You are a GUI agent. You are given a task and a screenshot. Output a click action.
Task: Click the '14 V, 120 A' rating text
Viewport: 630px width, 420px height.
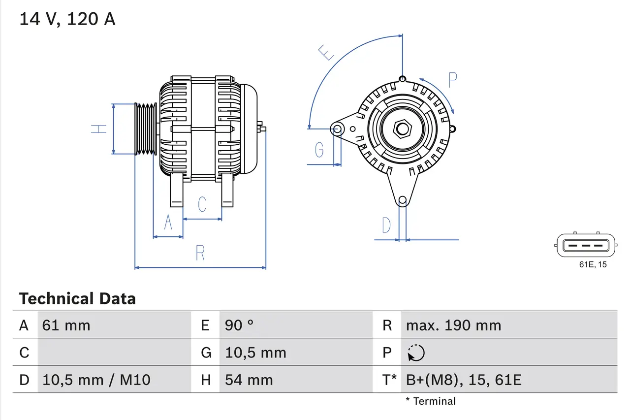coord(67,19)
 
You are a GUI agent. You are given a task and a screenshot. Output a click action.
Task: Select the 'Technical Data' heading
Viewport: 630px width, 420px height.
coord(77,298)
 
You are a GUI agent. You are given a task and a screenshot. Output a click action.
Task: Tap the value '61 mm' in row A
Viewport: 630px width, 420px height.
coord(66,325)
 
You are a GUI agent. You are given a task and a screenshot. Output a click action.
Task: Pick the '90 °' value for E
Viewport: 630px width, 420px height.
coord(239,325)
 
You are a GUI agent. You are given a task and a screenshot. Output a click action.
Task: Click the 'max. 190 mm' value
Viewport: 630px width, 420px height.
coord(453,325)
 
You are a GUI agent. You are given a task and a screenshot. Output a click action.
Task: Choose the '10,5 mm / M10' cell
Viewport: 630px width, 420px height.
coord(96,380)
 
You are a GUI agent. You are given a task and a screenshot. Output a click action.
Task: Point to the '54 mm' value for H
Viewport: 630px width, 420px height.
coord(249,380)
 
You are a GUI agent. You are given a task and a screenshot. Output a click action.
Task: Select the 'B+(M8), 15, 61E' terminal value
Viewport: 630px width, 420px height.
coord(464,380)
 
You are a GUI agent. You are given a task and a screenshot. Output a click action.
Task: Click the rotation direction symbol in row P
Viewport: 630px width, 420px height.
coord(416,353)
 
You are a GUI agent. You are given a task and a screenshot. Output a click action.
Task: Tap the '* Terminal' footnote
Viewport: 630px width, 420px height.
coord(431,401)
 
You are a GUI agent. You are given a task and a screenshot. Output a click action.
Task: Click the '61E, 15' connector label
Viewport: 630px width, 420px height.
coord(593,264)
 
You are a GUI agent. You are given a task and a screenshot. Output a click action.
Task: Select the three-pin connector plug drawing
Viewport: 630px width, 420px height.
coord(586,245)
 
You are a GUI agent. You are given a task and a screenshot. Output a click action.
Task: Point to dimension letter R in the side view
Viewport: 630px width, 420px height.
coord(200,253)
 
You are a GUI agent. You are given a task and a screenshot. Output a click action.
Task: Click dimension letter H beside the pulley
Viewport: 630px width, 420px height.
coord(99,129)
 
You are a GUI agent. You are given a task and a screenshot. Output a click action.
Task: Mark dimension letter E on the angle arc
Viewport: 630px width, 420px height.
coord(326,52)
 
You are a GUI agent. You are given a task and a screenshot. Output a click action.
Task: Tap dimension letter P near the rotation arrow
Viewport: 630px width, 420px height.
coord(452,79)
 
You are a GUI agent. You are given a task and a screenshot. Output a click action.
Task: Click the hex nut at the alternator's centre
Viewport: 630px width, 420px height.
coord(403,129)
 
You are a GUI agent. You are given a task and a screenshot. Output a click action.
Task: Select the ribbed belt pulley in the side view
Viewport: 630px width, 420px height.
coord(146,129)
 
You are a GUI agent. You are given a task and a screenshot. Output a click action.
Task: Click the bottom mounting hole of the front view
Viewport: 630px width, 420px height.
coord(403,200)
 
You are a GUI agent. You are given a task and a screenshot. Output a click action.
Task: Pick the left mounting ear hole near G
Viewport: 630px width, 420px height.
coord(338,129)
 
